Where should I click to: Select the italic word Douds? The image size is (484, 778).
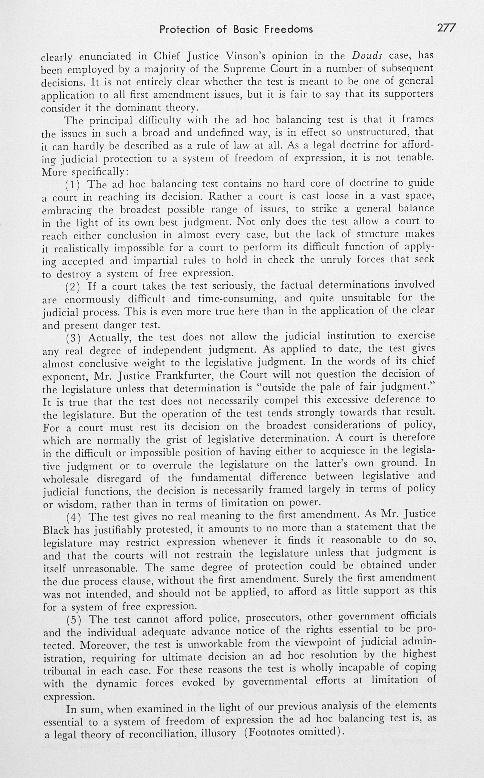[x=367, y=56]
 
